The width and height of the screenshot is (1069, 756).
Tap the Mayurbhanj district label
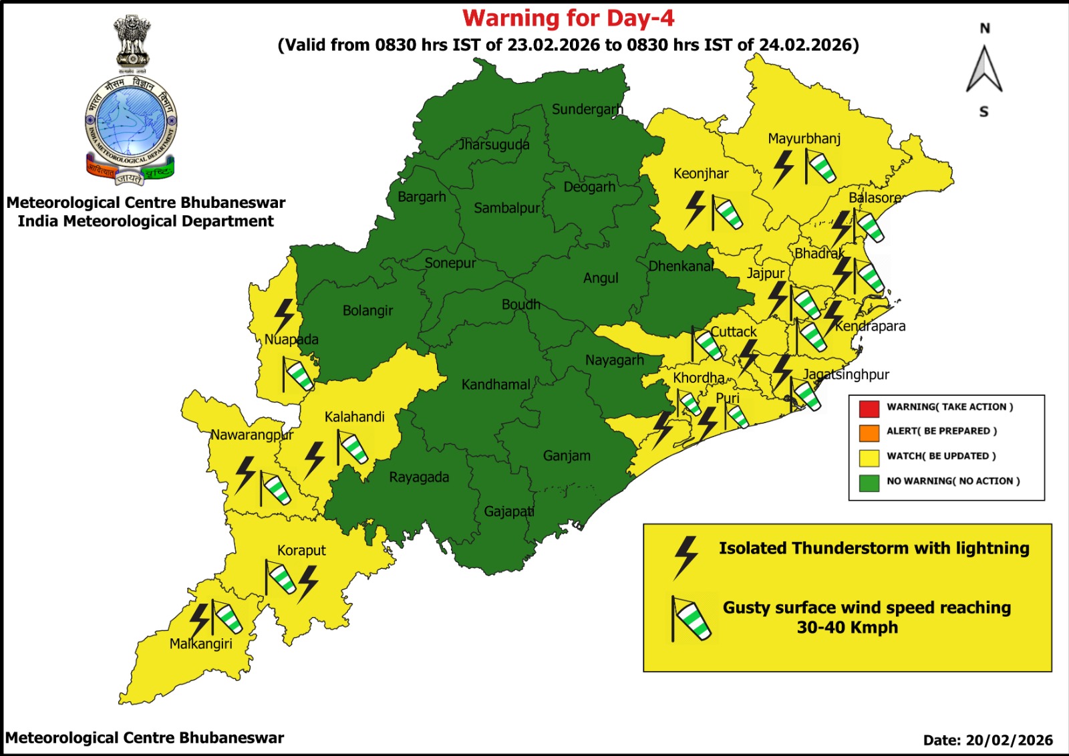(x=804, y=139)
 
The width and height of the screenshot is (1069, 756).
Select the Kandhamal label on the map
(x=496, y=385)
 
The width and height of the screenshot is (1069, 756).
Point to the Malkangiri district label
(x=200, y=644)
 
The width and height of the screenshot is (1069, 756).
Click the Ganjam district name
(x=567, y=456)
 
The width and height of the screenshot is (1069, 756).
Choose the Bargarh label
(x=422, y=197)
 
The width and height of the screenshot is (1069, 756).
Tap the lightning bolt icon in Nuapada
(x=285, y=316)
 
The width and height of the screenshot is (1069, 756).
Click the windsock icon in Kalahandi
(x=352, y=448)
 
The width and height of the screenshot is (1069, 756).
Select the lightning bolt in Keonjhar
(x=696, y=209)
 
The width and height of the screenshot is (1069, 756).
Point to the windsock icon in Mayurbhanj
(x=820, y=166)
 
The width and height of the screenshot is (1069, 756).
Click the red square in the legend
(x=869, y=407)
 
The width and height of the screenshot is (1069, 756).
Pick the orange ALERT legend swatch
(x=869, y=432)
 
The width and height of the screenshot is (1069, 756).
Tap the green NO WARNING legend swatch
(x=869, y=482)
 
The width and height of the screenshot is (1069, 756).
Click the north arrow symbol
(x=984, y=70)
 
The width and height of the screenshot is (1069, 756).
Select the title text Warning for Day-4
(x=569, y=18)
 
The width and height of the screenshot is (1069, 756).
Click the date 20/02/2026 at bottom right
(x=1009, y=740)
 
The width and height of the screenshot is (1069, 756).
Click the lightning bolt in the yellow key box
(x=685, y=557)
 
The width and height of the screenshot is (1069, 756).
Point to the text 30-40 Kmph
(x=847, y=628)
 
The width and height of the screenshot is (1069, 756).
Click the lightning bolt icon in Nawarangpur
(x=245, y=474)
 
